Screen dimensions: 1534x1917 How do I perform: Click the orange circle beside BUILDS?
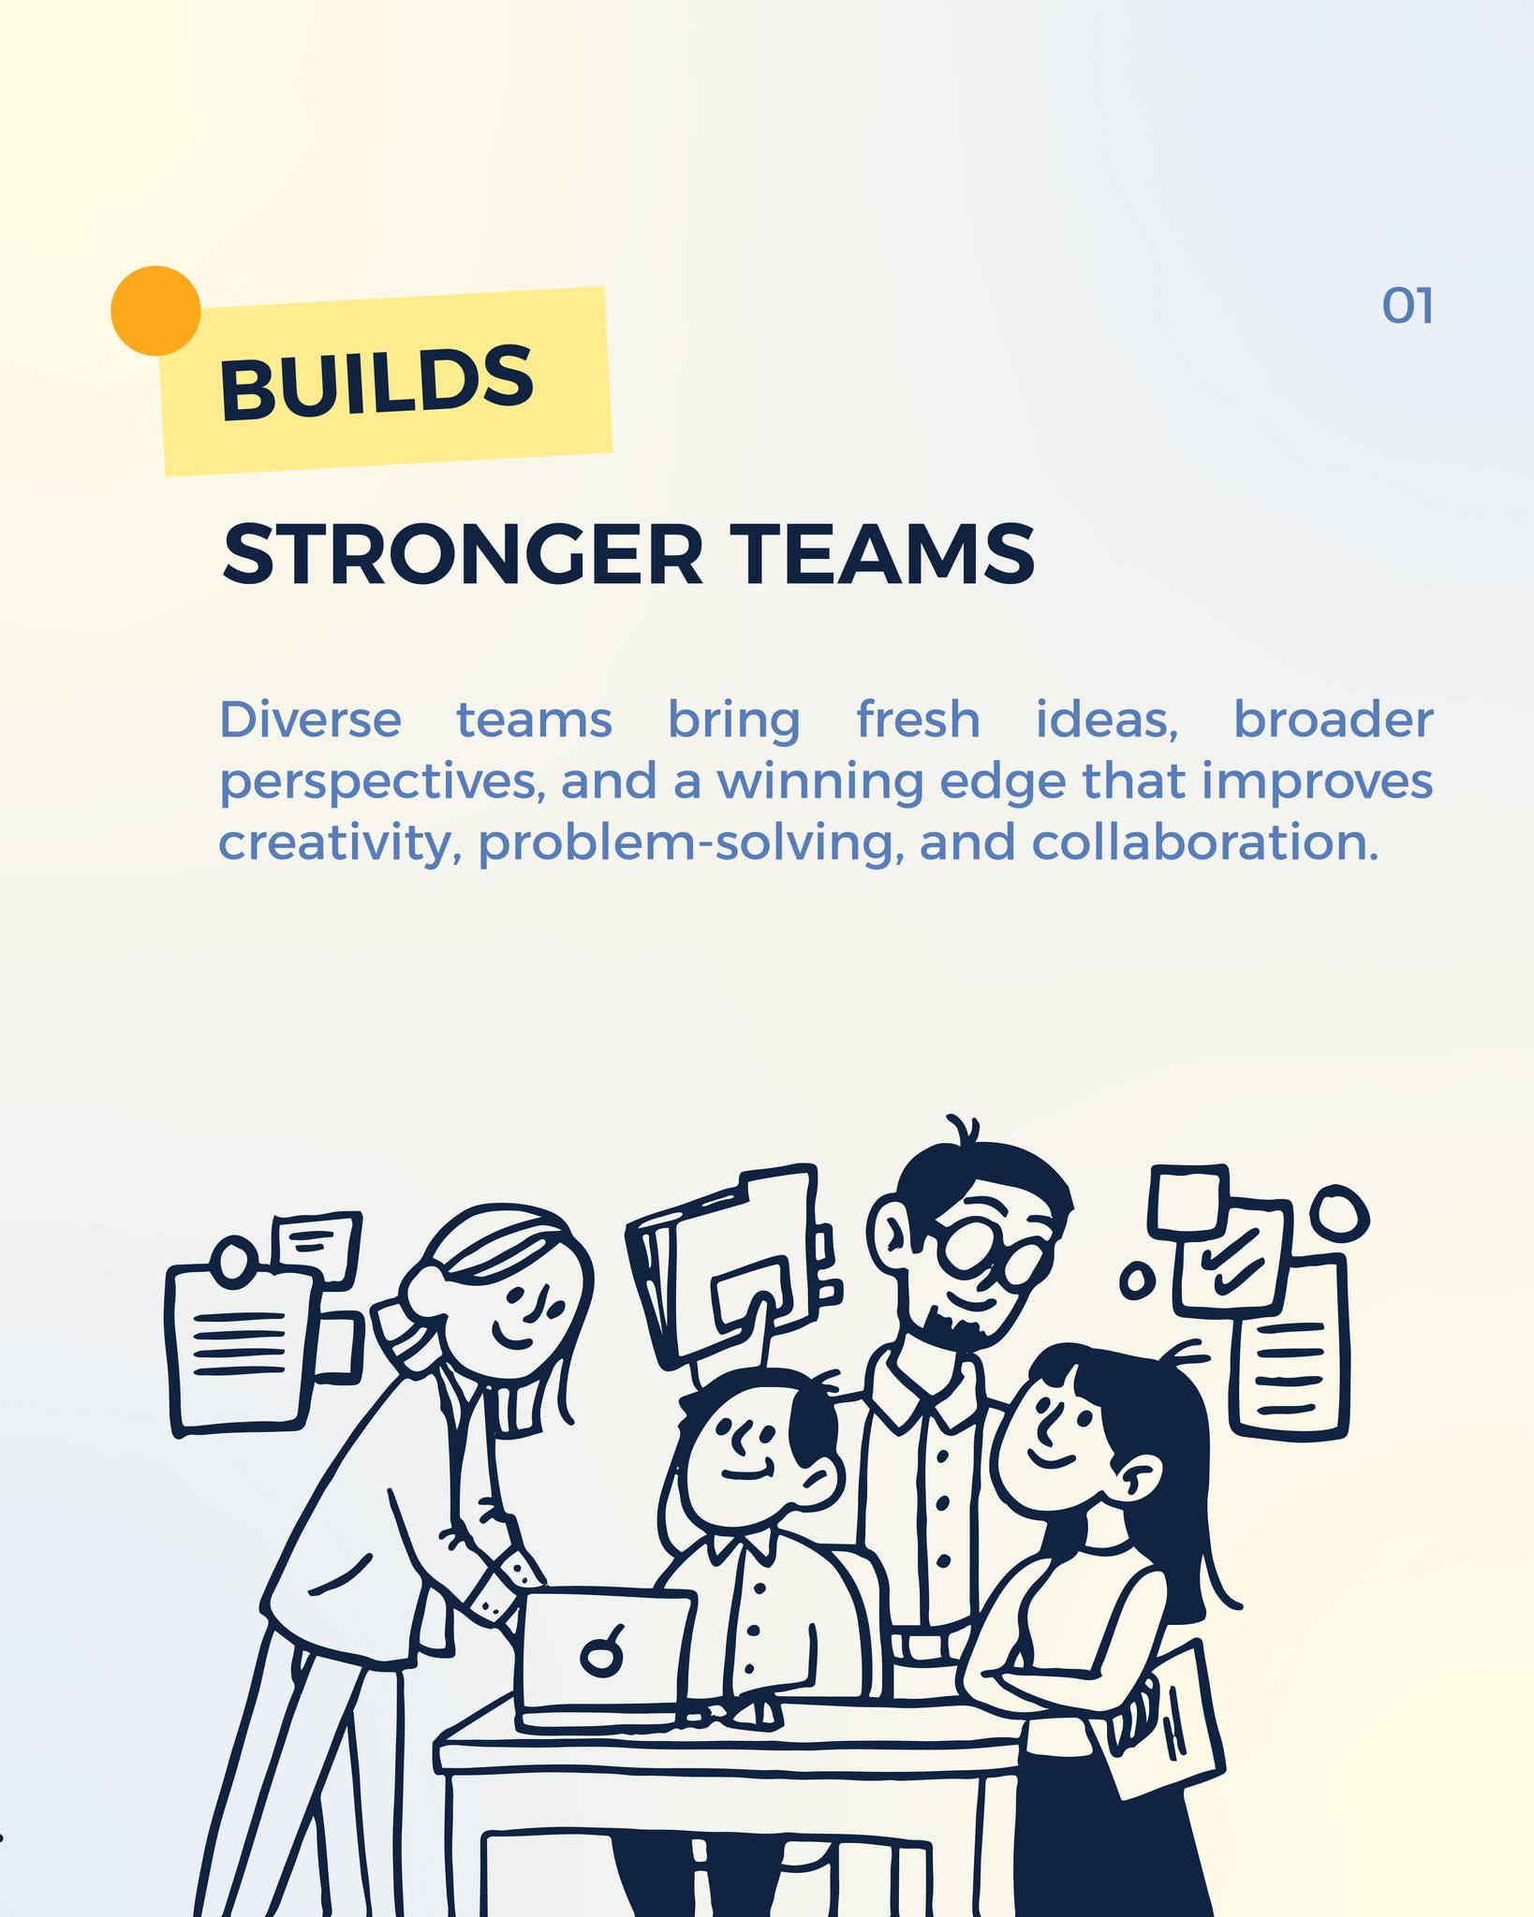(x=155, y=311)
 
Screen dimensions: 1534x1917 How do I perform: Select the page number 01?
(x=1408, y=306)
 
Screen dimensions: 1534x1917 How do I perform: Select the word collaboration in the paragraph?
(x=1205, y=841)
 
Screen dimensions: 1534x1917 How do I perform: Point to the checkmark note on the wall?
(x=1231, y=1259)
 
